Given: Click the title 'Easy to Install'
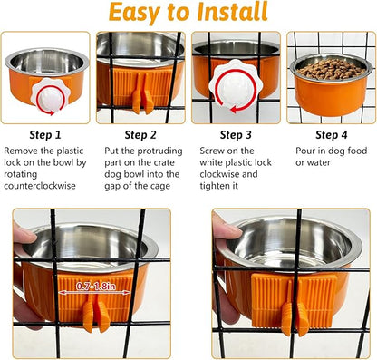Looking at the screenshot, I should point(188,13).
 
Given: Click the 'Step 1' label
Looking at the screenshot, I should point(44,134).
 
